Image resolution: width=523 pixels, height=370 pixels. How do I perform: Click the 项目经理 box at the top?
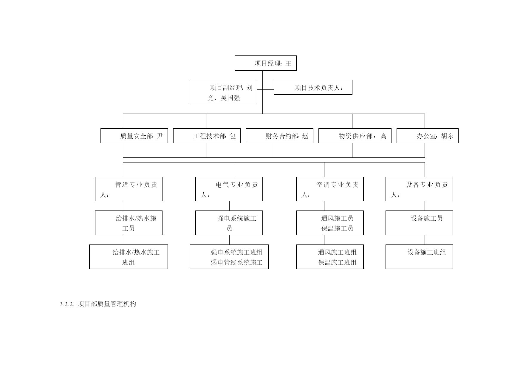(x=265, y=63)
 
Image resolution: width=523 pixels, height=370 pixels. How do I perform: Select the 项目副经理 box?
(x=224, y=92)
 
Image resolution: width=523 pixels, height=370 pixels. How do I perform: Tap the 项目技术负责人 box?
(x=313, y=87)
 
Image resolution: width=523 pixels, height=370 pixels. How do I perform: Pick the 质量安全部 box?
(x=134, y=136)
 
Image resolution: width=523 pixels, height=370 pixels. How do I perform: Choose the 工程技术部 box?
(x=207, y=136)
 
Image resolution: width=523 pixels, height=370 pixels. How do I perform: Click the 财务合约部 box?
(x=279, y=136)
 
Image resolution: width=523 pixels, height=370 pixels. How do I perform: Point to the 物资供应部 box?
(x=355, y=136)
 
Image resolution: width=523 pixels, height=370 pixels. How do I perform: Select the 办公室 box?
(x=428, y=136)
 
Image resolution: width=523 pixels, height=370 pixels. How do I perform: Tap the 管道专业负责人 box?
(x=129, y=189)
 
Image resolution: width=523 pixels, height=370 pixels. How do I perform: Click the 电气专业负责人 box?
(x=229, y=189)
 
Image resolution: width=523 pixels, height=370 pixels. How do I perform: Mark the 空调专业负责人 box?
(x=330, y=189)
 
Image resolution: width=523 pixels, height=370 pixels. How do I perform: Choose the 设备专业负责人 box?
(x=419, y=189)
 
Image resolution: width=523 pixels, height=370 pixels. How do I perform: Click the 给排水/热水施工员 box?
(x=129, y=223)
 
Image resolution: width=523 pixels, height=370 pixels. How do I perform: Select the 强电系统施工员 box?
(x=229, y=223)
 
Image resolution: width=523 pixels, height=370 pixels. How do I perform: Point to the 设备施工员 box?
(x=419, y=223)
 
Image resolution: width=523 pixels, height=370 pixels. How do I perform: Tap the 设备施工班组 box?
(x=419, y=257)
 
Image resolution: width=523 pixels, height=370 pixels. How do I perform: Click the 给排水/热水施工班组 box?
(x=129, y=257)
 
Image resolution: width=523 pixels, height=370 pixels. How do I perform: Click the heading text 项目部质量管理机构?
(x=107, y=304)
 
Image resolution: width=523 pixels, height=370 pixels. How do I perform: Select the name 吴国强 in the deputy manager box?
(x=230, y=98)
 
